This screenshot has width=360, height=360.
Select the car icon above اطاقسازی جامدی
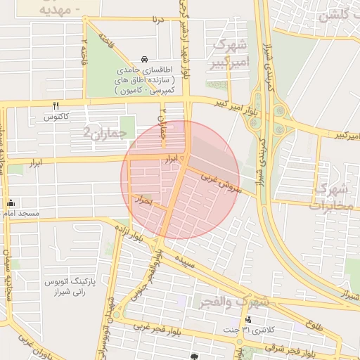point(144,59)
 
